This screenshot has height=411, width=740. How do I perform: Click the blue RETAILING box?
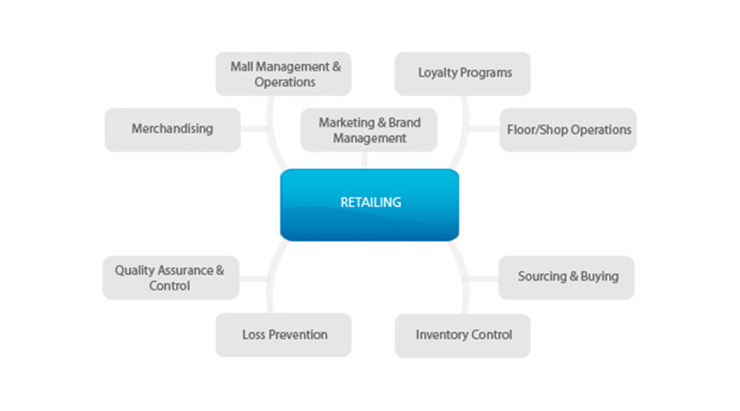369,204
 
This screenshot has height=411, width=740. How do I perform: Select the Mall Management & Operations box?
284,74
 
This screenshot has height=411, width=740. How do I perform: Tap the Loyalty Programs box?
463,73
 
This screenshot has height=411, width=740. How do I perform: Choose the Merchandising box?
173,129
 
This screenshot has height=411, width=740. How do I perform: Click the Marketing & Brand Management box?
369,130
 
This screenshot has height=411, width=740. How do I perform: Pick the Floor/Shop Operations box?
567,129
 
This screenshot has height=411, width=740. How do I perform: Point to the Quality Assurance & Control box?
170,278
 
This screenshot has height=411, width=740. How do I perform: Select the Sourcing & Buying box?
567,277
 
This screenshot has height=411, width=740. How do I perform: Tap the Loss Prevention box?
284,335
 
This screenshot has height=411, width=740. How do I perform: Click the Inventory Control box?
463,335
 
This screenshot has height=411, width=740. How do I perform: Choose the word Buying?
599,277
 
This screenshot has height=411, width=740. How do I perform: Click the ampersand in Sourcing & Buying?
573,277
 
